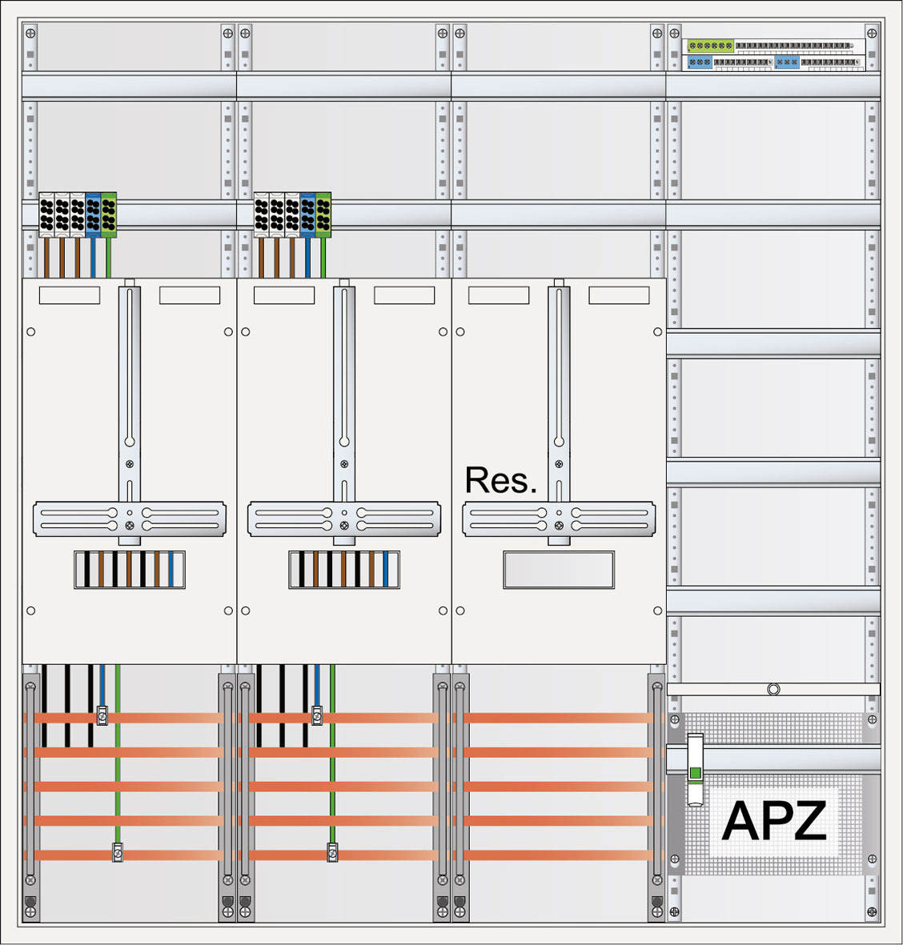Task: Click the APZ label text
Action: point(773,821)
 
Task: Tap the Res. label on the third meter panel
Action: point(500,480)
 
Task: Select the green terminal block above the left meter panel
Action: point(109,214)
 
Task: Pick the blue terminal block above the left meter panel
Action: point(93,214)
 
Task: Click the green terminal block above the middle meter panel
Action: point(323,214)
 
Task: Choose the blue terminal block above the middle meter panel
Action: point(308,214)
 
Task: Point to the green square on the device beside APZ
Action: point(695,773)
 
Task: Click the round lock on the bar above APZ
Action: point(773,689)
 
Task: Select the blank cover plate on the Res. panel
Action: point(559,570)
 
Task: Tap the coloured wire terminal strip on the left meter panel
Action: point(130,570)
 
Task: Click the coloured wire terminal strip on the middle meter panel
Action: point(344,570)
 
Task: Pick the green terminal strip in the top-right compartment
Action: point(711,46)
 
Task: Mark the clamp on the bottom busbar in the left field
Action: point(118,853)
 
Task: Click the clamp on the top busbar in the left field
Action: point(102,715)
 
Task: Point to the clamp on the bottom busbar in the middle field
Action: point(332,853)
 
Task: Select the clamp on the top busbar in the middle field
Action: point(317,715)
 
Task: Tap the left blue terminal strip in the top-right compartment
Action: point(700,62)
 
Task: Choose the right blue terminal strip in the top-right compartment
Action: point(787,62)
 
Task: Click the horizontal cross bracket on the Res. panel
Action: point(559,519)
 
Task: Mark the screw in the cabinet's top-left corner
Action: point(30,34)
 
